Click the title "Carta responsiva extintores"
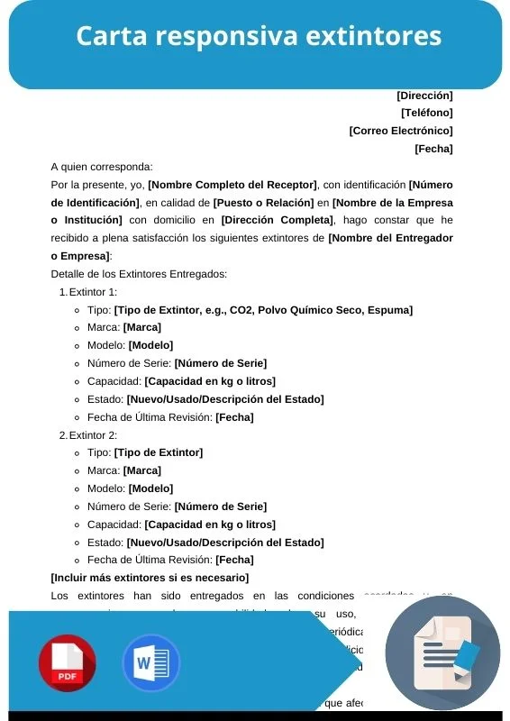(x=259, y=36)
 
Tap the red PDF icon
(x=67, y=663)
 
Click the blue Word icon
(x=151, y=663)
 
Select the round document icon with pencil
(x=442, y=653)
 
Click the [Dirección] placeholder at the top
(x=424, y=96)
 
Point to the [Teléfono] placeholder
(x=426, y=113)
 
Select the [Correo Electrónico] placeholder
(x=401, y=131)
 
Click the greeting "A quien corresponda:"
(x=102, y=167)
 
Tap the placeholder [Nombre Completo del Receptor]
(x=232, y=185)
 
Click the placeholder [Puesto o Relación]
(x=264, y=203)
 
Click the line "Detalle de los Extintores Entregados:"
(x=139, y=274)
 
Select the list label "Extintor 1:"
(x=93, y=292)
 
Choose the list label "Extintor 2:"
(x=93, y=435)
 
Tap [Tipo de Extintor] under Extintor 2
(x=159, y=452)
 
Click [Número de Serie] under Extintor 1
(x=221, y=363)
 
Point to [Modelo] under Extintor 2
(x=150, y=488)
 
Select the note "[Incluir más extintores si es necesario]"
(x=150, y=578)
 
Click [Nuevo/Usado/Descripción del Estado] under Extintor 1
(x=225, y=399)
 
